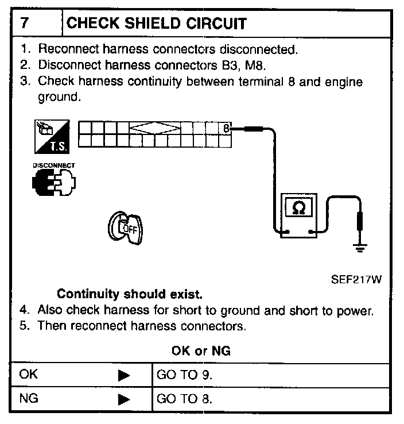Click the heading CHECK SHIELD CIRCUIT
click(157, 24)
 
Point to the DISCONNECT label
click(53, 165)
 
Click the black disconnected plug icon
click(54, 183)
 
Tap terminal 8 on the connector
click(226, 128)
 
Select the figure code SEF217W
click(356, 281)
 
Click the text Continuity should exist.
click(130, 295)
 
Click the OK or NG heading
click(201, 350)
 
